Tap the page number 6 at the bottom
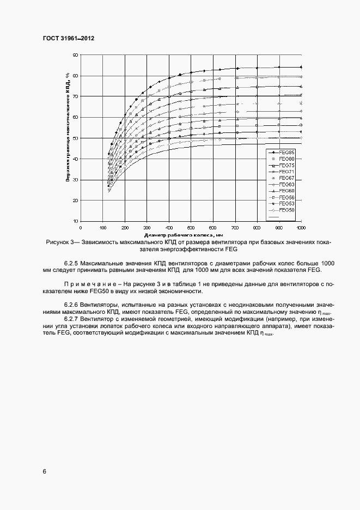(x=44, y=471)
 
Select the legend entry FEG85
(x=286, y=152)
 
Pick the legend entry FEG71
(x=286, y=171)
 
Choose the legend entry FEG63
(x=286, y=184)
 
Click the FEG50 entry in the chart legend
(x=286, y=210)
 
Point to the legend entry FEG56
(x=286, y=197)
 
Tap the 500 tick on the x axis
(x=191, y=227)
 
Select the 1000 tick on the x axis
(x=300, y=227)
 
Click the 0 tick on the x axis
(x=81, y=227)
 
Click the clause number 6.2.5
(x=72, y=263)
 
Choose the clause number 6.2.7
(x=72, y=319)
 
